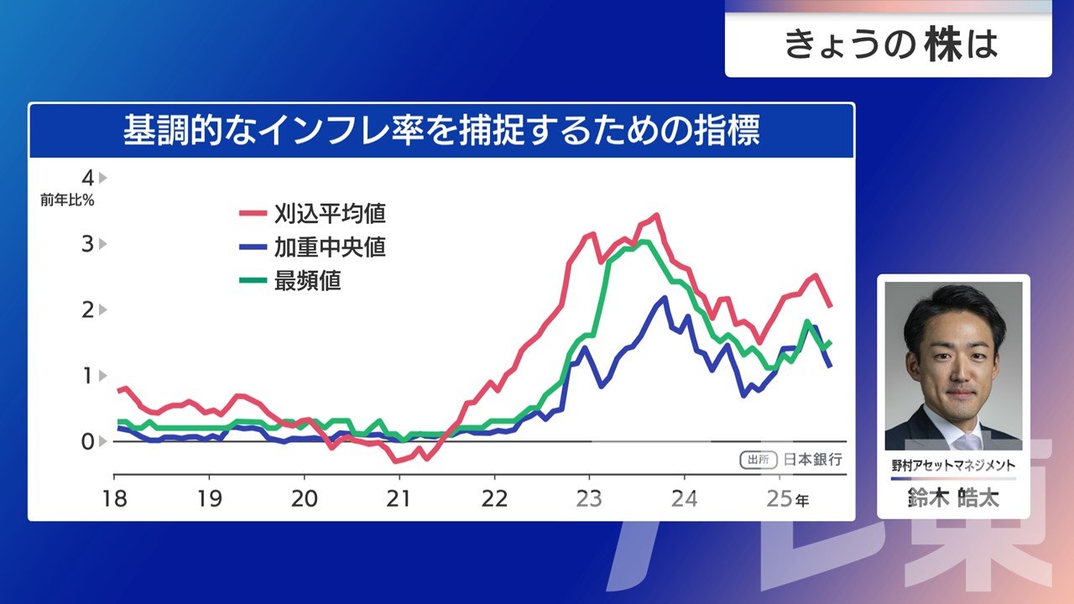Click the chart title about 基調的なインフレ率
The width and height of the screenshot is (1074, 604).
(x=441, y=132)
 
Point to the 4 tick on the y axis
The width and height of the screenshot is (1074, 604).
(x=87, y=178)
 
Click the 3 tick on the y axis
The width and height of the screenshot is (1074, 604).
(x=87, y=244)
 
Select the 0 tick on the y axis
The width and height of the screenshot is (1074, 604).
(x=87, y=441)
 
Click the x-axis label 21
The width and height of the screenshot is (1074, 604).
(x=399, y=498)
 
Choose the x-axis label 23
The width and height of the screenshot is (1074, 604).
(x=589, y=498)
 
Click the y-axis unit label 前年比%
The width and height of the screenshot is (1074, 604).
(x=67, y=200)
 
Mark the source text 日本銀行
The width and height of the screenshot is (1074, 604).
(x=812, y=460)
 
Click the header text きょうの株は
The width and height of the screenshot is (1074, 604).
(x=889, y=44)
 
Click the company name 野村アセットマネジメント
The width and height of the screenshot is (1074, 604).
(x=953, y=465)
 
